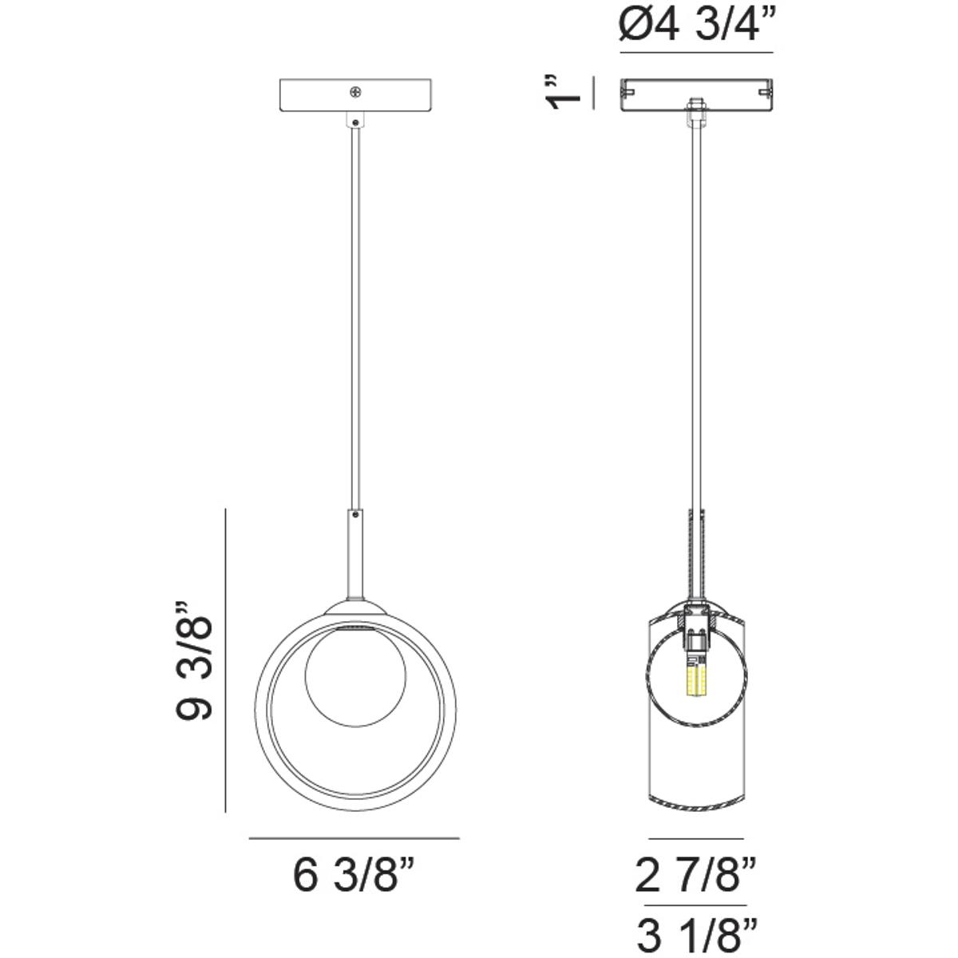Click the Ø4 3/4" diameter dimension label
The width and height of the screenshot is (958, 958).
coord(695,26)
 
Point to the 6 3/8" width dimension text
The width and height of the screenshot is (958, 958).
coord(354,877)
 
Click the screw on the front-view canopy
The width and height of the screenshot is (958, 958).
coord(354,93)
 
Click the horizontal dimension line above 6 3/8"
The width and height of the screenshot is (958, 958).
coord(354,838)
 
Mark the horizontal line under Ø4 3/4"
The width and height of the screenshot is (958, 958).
coord(696,53)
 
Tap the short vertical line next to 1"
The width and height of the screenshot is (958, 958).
coord(593,93)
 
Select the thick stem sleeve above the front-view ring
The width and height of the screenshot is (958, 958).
coord(355,551)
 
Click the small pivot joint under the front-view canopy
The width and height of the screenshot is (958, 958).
coord(354,121)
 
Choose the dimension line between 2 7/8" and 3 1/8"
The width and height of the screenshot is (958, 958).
coord(697,905)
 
